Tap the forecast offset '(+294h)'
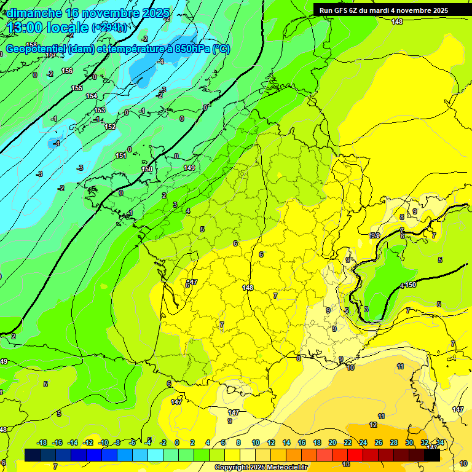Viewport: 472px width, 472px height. pyautogui.click(x=110, y=28)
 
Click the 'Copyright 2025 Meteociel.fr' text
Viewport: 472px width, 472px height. pyautogui.click(x=261, y=467)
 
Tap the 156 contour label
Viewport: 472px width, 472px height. pyautogui.click(x=67, y=71)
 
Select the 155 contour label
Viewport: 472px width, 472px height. pyautogui.click(x=77, y=88)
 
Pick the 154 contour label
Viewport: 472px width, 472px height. pyautogui.click(x=92, y=96)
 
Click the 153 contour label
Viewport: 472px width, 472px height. pyautogui.click(x=100, y=111)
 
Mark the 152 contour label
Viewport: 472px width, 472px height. pyautogui.click(x=110, y=127)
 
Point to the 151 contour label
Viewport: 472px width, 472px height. pyautogui.click(x=121, y=156)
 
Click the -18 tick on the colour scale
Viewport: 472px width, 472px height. pyautogui.click(x=42, y=442)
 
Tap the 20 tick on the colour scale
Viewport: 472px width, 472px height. pyautogui.click(x=332, y=442)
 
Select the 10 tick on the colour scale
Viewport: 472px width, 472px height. pyautogui.click(x=255, y=442)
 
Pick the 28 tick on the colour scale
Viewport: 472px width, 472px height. pyautogui.click(x=393, y=442)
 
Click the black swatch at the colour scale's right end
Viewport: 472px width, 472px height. pyautogui.click(x=432, y=455)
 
